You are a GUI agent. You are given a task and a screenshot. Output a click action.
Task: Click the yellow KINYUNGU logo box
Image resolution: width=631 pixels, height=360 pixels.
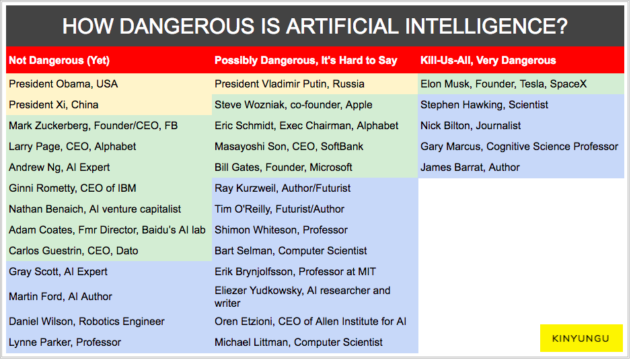click(x=581, y=338)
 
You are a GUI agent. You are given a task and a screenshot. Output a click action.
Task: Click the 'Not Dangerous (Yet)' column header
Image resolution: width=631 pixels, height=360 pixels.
click(x=59, y=61)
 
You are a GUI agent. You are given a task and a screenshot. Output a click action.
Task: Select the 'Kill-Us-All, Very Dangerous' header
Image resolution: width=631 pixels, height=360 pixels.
click(x=488, y=61)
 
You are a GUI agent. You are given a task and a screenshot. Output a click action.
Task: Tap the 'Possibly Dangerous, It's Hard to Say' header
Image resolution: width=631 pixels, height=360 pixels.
click(x=306, y=61)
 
